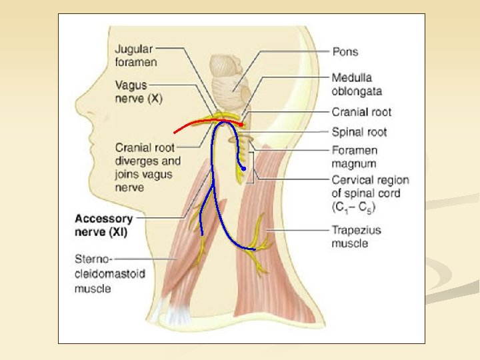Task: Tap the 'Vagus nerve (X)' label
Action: (x=138, y=91)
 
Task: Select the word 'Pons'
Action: (x=345, y=51)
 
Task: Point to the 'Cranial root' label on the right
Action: (x=361, y=112)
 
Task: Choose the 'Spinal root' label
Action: (x=359, y=132)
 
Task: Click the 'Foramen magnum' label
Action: (x=354, y=157)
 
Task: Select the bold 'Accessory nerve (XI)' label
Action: (x=104, y=225)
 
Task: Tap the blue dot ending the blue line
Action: (x=245, y=169)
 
